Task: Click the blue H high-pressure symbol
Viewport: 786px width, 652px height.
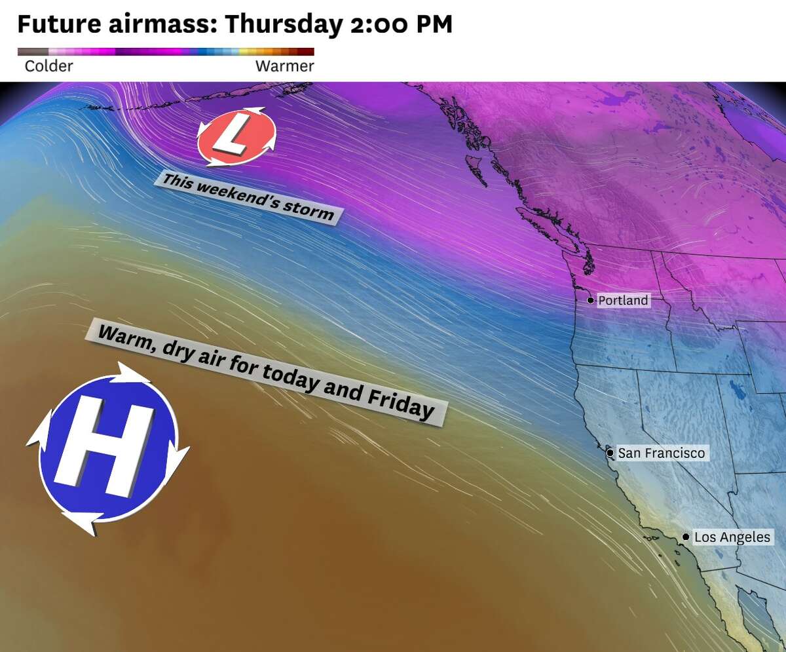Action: pyautogui.click(x=107, y=448)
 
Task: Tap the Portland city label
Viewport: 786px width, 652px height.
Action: pyautogui.click(x=623, y=301)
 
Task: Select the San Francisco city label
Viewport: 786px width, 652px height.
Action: pyautogui.click(x=662, y=453)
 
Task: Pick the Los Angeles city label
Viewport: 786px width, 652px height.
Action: pyautogui.click(x=732, y=537)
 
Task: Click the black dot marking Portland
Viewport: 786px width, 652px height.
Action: pyautogui.click(x=590, y=300)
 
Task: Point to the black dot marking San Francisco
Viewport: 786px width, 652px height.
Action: pyautogui.click(x=610, y=453)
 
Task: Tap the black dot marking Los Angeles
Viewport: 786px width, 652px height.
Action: pyautogui.click(x=685, y=537)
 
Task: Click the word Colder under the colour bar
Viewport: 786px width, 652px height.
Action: pyautogui.click(x=48, y=66)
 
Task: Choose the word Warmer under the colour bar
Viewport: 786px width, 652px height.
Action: pyautogui.click(x=284, y=66)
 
